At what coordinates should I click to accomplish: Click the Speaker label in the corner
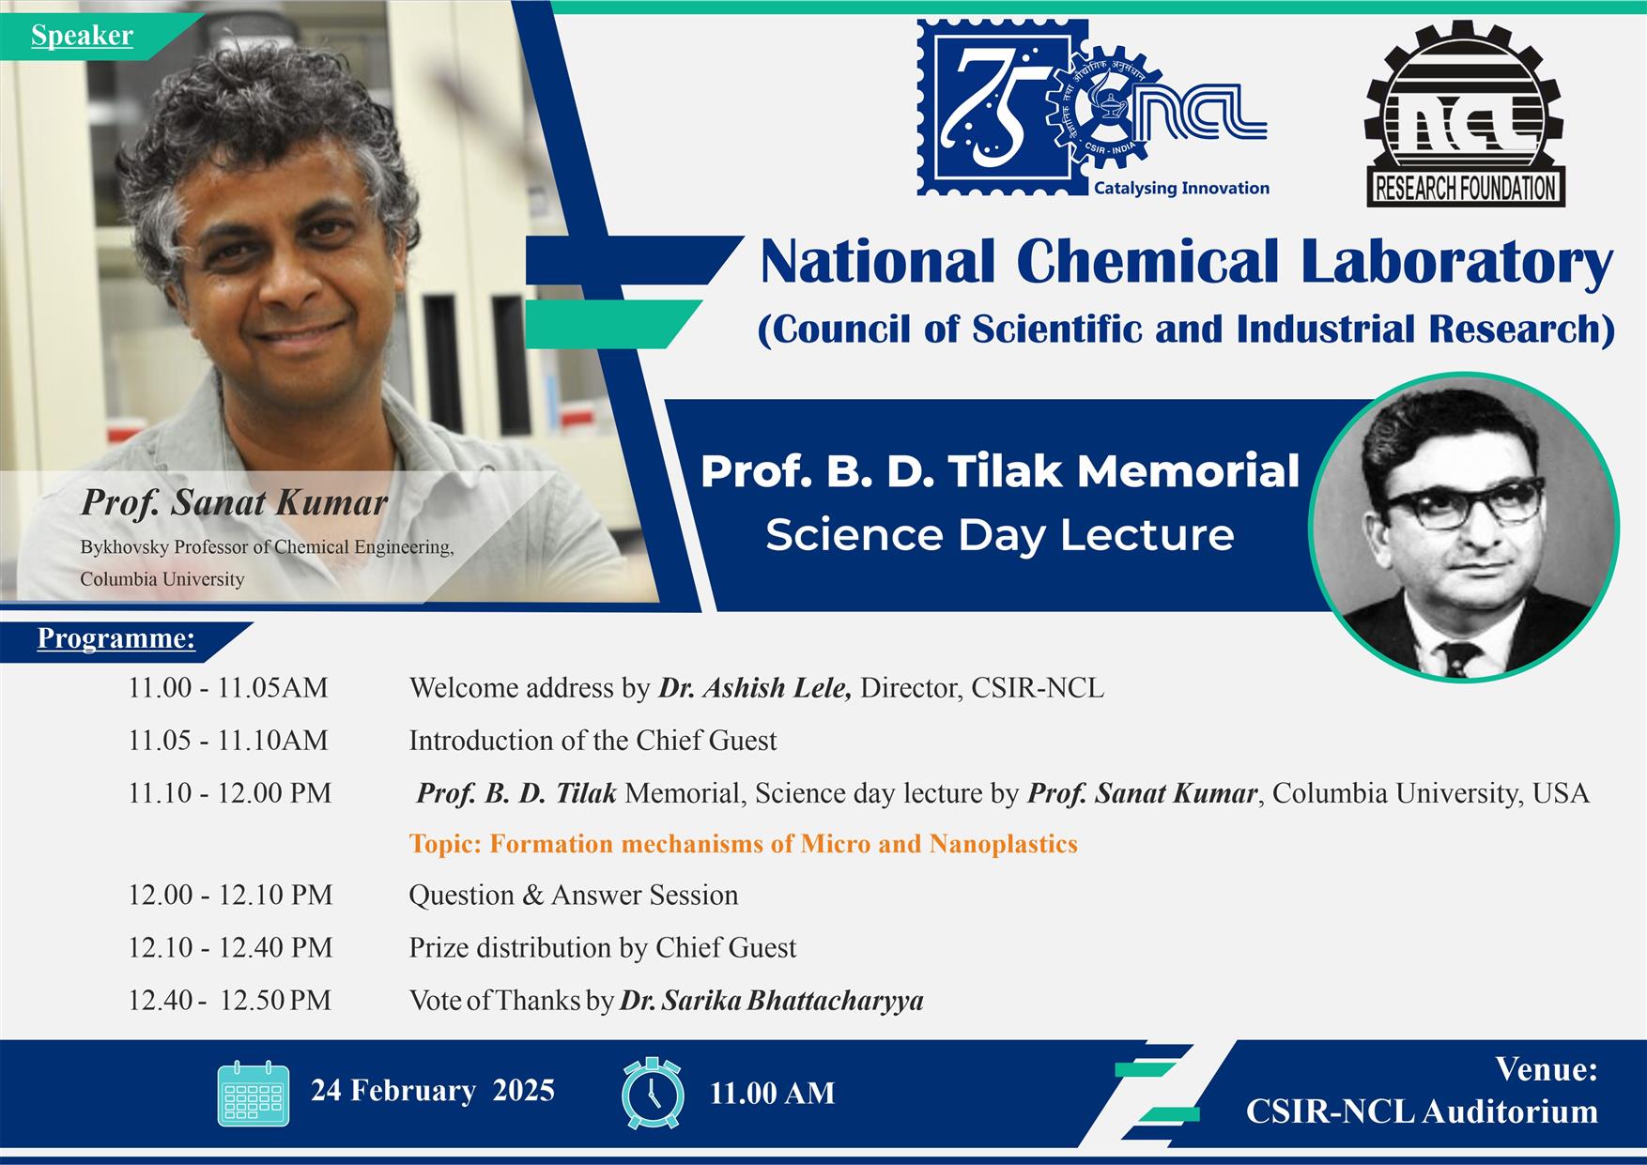pyautogui.click(x=82, y=36)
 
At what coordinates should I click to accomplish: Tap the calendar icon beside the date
pyautogui.click(x=252, y=1093)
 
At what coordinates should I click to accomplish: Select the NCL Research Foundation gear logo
pyautogui.click(x=1465, y=115)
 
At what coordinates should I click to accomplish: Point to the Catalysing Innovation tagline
pyautogui.click(x=1181, y=188)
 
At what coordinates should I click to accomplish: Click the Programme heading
pyautogui.click(x=115, y=638)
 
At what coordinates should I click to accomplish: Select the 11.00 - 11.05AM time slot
pyautogui.click(x=228, y=688)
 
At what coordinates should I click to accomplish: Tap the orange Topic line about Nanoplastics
pyautogui.click(x=743, y=844)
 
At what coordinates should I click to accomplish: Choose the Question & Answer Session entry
pyautogui.click(x=573, y=896)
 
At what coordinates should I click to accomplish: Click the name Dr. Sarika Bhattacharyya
pyautogui.click(x=771, y=1001)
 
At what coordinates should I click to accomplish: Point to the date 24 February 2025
pyautogui.click(x=433, y=1091)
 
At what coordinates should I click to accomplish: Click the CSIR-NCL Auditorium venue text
pyautogui.click(x=1422, y=1111)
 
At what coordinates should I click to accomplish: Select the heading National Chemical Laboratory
pyautogui.click(x=1186, y=262)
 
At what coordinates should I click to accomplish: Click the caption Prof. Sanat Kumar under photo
pyautogui.click(x=234, y=503)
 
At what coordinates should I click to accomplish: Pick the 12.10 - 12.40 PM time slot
pyautogui.click(x=230, y=948)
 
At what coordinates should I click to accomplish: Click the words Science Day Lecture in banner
pyautogui.click(x=999, y=535)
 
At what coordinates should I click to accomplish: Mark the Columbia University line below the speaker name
pyautogui.click(x=162, y=579)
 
